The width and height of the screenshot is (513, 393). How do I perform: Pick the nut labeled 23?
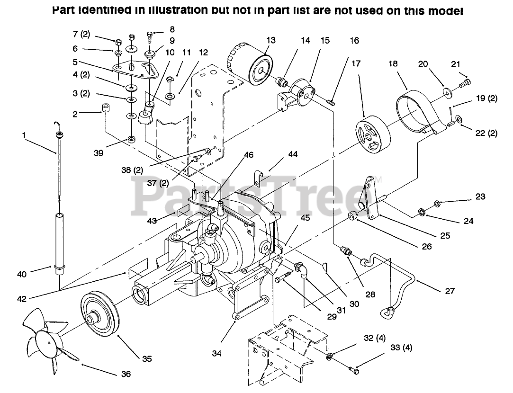(438, 204)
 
